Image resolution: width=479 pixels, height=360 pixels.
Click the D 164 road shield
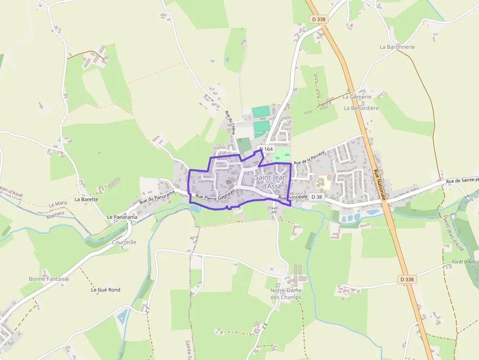(x=266, y=149)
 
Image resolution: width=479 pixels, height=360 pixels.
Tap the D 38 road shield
(x=317, y=197)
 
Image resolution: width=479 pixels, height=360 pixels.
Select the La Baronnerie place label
(x=397, y=47)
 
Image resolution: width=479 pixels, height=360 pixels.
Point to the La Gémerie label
(x=357, y=97)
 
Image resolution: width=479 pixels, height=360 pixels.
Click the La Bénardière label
(x=361, y=108)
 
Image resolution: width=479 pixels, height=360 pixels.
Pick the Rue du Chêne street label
(x=230, y=122)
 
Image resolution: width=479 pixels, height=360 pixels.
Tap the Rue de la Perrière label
(x=309, y=157)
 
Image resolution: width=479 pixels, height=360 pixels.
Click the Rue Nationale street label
(x=380, y=185)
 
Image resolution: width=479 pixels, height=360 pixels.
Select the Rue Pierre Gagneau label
(x=215, y=194)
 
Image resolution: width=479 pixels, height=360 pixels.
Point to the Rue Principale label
(x=293, y=197)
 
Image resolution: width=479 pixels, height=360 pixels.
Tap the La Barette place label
(x=86, y=199)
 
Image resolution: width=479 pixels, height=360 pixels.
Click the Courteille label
(x=124, y=242)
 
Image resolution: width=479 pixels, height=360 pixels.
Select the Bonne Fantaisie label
(x=49, y=279)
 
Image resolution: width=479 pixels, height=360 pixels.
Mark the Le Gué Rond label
(x=106, y=290)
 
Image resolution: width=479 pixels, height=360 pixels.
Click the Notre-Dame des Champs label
(x=286, y=294)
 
